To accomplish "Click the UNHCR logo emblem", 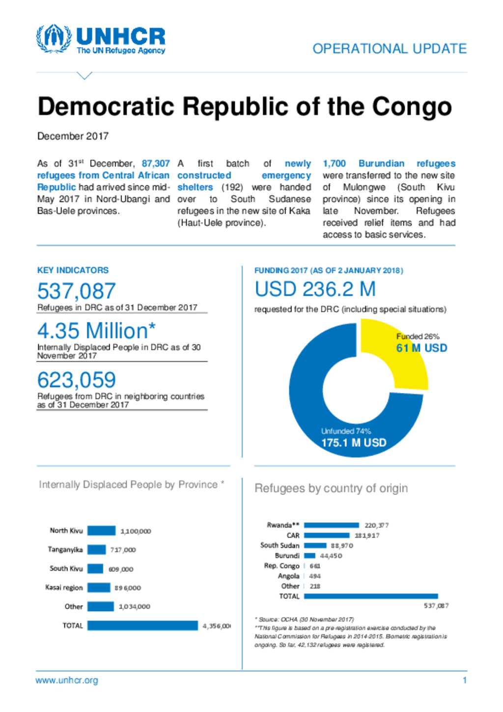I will coord(54,38).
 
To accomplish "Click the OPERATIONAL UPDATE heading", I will coord(389,49).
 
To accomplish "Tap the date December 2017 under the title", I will coord(73,136).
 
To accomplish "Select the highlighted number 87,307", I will coord(155,164).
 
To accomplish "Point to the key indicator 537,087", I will coord(77,291).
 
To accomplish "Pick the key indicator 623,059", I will coord(77,380).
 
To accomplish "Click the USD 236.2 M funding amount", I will coord(315,289).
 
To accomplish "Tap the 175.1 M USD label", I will coord(354,443).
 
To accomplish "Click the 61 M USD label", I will coord(421,348).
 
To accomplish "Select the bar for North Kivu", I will coord(102,531).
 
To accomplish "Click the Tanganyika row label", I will coord(65,549).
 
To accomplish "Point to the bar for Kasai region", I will coord(99,588).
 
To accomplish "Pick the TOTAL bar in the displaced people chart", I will coord(142,626).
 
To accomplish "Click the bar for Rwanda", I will coord(332,525).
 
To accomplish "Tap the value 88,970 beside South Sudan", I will coord(342,545).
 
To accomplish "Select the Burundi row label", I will coord(287,556).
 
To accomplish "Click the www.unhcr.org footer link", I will coord(67,681).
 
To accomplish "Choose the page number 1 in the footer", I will coord(464,681).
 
